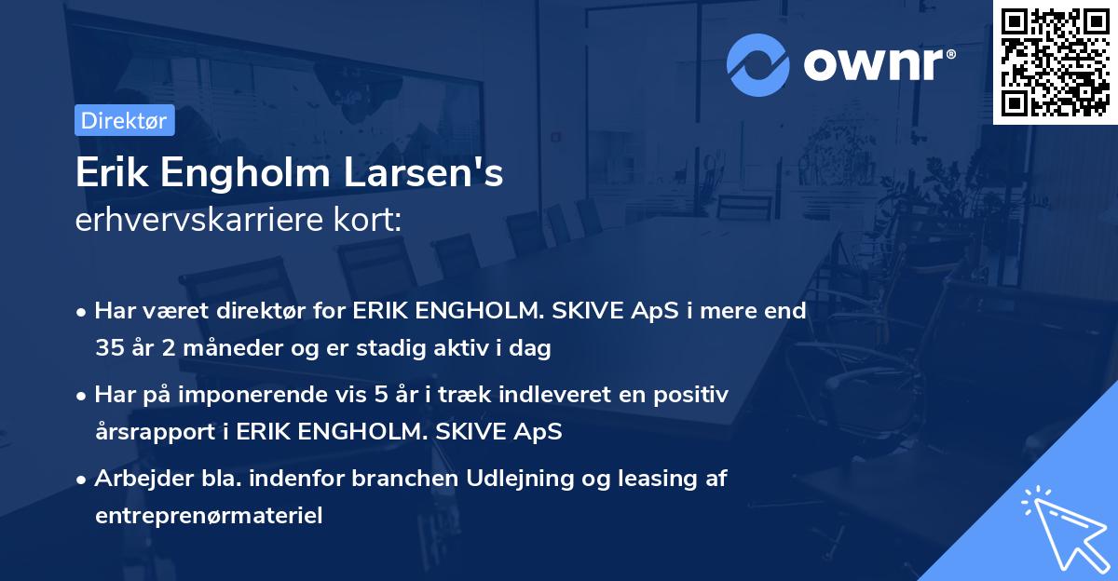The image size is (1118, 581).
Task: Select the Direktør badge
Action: [x=123, y=120]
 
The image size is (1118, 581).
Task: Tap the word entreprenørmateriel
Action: [x=209, y=516]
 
